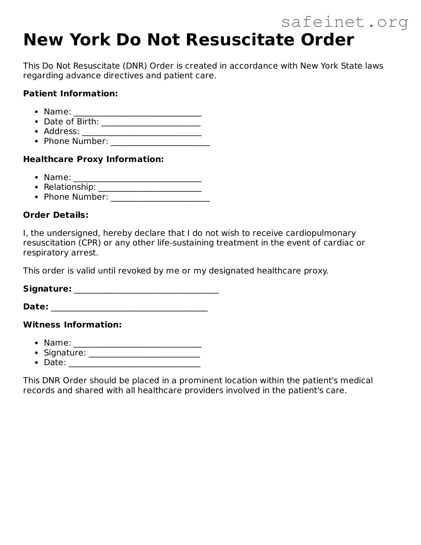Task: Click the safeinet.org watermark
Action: pos(344,22)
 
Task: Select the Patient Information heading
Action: pos(70,94)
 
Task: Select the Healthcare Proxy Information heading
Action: pos(93,159)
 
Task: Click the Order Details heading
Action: pos(56,215)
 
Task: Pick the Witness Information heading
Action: pos(72,325)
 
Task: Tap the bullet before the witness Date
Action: pos(37,363)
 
